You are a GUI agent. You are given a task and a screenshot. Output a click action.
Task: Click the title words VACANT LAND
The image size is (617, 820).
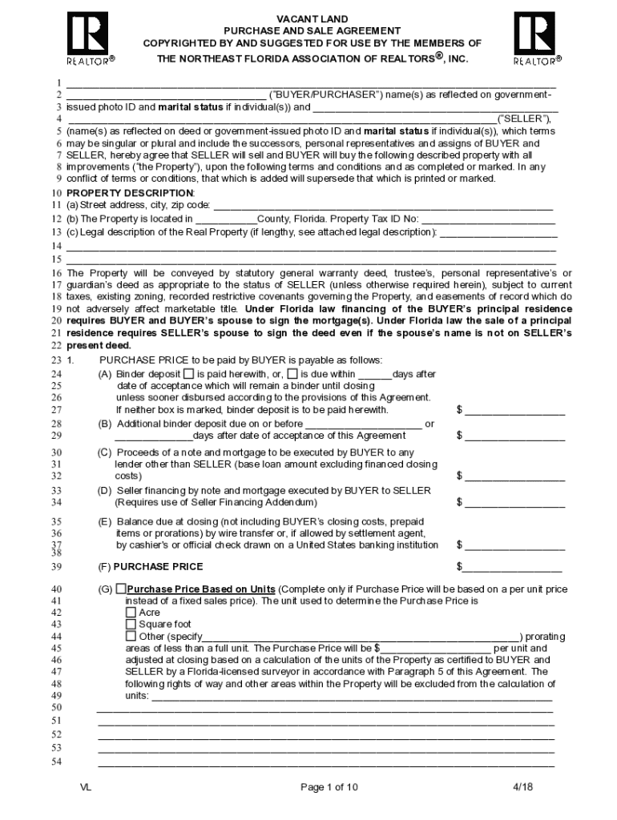click(312, 18)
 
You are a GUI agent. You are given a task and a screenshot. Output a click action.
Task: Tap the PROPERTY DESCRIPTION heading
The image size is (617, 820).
click(130, 193)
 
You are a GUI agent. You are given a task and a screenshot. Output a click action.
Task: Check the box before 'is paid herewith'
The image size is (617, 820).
click(188, 374)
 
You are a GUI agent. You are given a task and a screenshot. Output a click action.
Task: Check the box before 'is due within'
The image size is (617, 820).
click(292, 374)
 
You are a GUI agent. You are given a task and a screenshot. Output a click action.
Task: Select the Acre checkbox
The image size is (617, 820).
click(131, 613)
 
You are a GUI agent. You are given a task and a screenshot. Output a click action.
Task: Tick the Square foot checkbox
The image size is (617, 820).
click(131, 625)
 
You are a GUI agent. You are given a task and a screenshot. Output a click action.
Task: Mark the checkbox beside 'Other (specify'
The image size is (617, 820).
click(131, 637)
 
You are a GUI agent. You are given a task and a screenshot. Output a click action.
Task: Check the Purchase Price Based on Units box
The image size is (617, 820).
click(121, 589)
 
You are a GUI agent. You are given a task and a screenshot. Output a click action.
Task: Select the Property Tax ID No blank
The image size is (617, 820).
click(489, 219)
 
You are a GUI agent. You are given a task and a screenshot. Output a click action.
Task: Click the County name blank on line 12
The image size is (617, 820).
click(225, 219)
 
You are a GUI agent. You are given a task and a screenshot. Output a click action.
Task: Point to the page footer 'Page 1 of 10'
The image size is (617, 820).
click(329, 787)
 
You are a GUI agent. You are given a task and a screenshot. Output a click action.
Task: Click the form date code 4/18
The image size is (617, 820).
click(522, 787)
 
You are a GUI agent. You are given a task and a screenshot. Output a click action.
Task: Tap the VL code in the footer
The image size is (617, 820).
click(86, 787)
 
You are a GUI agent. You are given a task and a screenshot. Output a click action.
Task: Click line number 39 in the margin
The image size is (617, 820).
click(57, 567)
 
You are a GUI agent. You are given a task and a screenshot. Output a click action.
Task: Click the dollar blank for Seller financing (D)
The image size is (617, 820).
click(514, 503)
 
